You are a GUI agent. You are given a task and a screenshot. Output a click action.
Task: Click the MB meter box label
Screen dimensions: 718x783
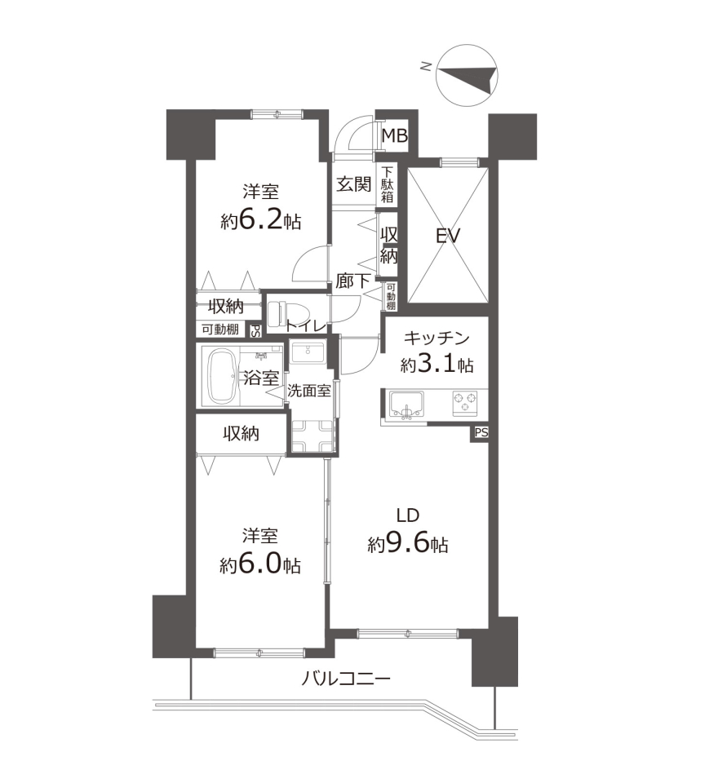(395, 135)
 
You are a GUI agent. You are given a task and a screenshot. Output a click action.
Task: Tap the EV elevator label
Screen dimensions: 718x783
(447, 235)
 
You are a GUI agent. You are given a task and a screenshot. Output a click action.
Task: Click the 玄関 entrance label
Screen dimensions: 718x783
(354, 184)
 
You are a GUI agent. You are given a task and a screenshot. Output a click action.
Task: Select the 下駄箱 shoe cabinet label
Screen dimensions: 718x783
(388, 185)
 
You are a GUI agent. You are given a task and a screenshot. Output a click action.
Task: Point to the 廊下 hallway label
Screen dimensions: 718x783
(352, 281)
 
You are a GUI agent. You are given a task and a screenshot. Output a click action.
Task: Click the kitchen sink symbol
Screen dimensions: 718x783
(406, 404)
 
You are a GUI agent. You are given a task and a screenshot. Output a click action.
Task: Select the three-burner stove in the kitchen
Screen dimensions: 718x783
(465, 402)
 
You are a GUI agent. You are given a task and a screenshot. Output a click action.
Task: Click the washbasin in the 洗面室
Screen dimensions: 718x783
(308, 352)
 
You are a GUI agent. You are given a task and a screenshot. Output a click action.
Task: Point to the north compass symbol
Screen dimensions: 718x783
(467, 75)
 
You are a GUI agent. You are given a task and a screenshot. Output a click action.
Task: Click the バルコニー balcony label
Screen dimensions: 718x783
(346, 679)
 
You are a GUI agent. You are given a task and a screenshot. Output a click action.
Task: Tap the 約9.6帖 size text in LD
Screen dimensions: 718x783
(408, 544)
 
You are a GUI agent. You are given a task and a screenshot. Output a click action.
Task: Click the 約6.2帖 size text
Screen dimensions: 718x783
(261, 220)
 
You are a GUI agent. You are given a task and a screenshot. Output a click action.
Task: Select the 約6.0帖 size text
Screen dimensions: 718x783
(260, 565)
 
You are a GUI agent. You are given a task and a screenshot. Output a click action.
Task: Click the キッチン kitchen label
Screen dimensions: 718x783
(437, 338)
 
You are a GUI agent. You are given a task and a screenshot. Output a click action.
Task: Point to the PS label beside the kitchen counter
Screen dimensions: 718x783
(481, 432)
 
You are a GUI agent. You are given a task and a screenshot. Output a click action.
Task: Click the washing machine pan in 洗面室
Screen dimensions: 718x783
(312, 435)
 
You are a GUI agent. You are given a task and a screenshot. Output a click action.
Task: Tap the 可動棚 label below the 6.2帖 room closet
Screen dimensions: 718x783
(219, 329)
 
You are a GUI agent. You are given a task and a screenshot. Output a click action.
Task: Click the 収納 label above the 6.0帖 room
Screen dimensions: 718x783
(241, 433)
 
